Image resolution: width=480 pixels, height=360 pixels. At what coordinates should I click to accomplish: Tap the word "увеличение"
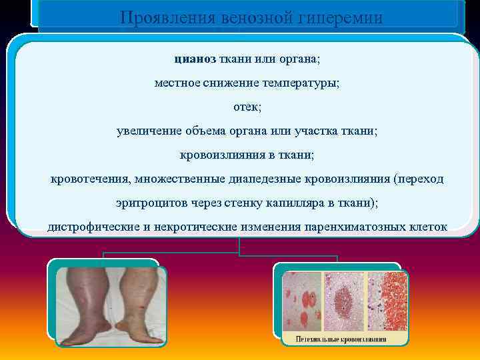145,131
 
